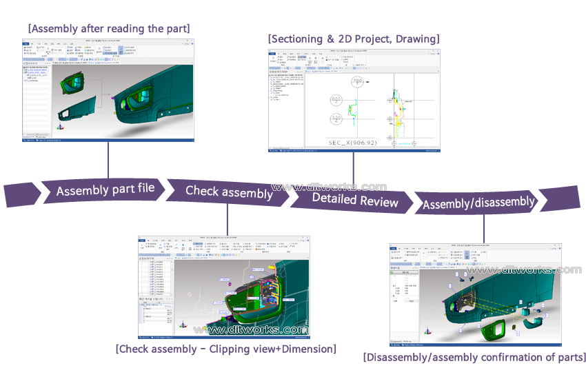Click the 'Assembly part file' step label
105,190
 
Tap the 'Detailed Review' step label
355,200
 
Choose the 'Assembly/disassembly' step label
478,203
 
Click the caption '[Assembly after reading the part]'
109,28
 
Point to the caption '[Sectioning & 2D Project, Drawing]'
354,39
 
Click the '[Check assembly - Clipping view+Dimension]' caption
226,349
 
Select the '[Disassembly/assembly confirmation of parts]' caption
474,357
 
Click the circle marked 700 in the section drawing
357,83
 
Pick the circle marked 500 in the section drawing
337,119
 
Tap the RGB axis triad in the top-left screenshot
60,127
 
